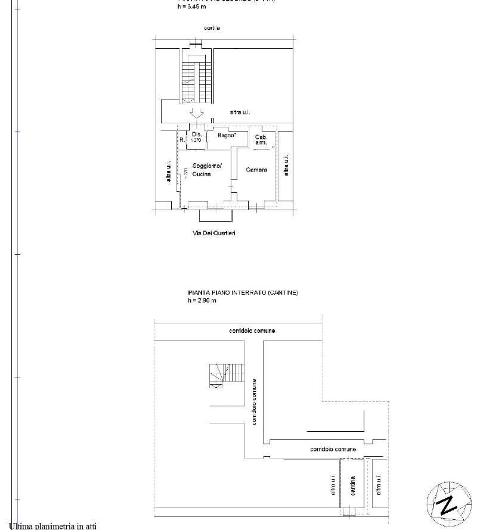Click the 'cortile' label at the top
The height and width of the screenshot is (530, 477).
click(x=212, y=28)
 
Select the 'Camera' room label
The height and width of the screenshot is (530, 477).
click(x=256, y=170)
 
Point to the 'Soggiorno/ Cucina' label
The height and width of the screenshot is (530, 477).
click(x=206, y=170)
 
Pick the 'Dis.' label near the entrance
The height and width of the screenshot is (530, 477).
click(x=197, y=135)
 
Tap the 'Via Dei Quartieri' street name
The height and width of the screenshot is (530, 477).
click(x=213, y=233)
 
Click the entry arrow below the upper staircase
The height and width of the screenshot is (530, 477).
click(x=197, y=113)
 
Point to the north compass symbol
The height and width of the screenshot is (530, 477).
click(x=446, y=501)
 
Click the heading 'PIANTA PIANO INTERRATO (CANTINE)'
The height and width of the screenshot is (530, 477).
click(x=243, y=293)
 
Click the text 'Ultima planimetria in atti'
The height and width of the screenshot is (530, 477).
click(x=53, y=526)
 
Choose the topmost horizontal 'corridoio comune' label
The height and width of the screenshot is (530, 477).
click(x=252, y=331)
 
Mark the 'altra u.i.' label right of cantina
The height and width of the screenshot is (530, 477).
click(x=378, y=484)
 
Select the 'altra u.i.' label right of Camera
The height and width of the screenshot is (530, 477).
click(x=286, y=165)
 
